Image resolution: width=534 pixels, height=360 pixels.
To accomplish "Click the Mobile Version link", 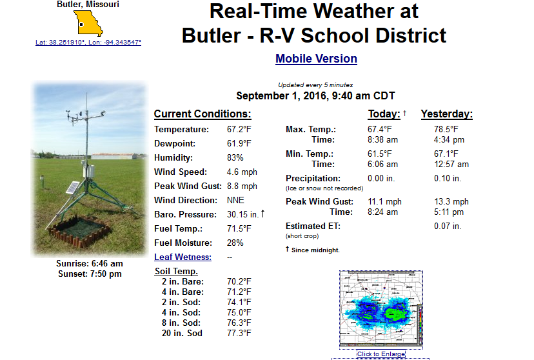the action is [x=316, y=59].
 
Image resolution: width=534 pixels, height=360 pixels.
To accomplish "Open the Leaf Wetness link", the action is [x=183, y=257].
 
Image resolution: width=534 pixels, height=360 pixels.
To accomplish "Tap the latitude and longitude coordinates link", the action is [x=88, y=42].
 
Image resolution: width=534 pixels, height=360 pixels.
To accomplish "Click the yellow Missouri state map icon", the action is [x=88, y=23].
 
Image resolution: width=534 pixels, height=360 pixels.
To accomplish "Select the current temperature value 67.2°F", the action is [x=239, y=130].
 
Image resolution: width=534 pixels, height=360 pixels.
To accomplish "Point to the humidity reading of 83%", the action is [x=235, y=157].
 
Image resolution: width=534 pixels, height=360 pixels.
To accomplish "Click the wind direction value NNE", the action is [x=235, y=200].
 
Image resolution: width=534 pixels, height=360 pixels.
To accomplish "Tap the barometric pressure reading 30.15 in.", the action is [x=243, y=215].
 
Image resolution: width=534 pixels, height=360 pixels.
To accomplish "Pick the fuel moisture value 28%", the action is [x=235, y=243].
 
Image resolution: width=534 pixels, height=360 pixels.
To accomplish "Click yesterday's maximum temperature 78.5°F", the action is [x=446, y=130].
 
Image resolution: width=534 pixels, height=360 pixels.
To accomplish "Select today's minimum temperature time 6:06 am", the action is [x=382, y=164].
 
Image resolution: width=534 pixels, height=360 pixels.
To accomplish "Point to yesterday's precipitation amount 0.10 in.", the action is [x=448, y=179].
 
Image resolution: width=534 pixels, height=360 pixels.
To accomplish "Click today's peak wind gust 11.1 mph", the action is [x=384, y=202].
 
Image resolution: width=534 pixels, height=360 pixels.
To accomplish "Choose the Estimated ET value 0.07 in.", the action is [x=448, y=226].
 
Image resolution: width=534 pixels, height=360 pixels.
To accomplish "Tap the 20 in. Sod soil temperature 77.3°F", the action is [x=239, y=333].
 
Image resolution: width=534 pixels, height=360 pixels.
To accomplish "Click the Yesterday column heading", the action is [x=447, y=114].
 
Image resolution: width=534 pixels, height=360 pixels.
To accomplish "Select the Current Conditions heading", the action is [x=203, y=114].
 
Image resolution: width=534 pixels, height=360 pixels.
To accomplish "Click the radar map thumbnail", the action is [x=381, y=309].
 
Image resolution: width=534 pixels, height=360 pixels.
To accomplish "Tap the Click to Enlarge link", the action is [x=381, y=354].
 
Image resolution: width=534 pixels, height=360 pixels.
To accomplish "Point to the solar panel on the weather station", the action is [x=72, y=187].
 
